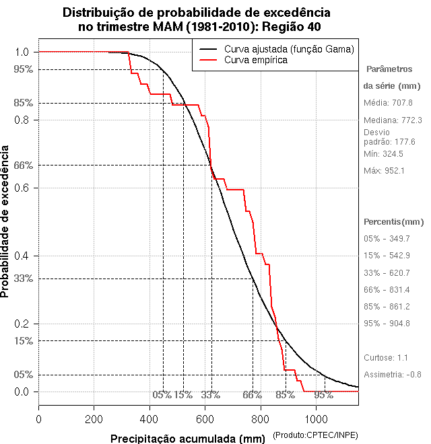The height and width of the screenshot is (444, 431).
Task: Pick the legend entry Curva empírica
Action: click(256, 60)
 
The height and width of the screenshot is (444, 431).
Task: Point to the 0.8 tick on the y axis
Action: click(21, 120)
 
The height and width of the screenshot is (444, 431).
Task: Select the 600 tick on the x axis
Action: click(205, 419)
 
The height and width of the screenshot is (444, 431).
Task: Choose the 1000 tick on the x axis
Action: click(316, 419)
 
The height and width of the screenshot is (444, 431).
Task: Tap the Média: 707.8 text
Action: click(388, 103)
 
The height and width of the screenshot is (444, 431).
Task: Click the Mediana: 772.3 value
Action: click(392, 120)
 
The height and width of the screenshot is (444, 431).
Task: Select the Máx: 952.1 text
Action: click(383, 170)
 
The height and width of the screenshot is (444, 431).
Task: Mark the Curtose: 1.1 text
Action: click(386, 357)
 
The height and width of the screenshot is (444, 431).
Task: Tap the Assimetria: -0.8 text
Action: click(392, 374)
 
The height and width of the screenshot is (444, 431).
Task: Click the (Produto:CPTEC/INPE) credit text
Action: click(314, 437)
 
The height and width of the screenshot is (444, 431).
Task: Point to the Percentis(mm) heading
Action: click(394, 221)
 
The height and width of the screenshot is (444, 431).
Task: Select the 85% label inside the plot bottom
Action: click(286, 394)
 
